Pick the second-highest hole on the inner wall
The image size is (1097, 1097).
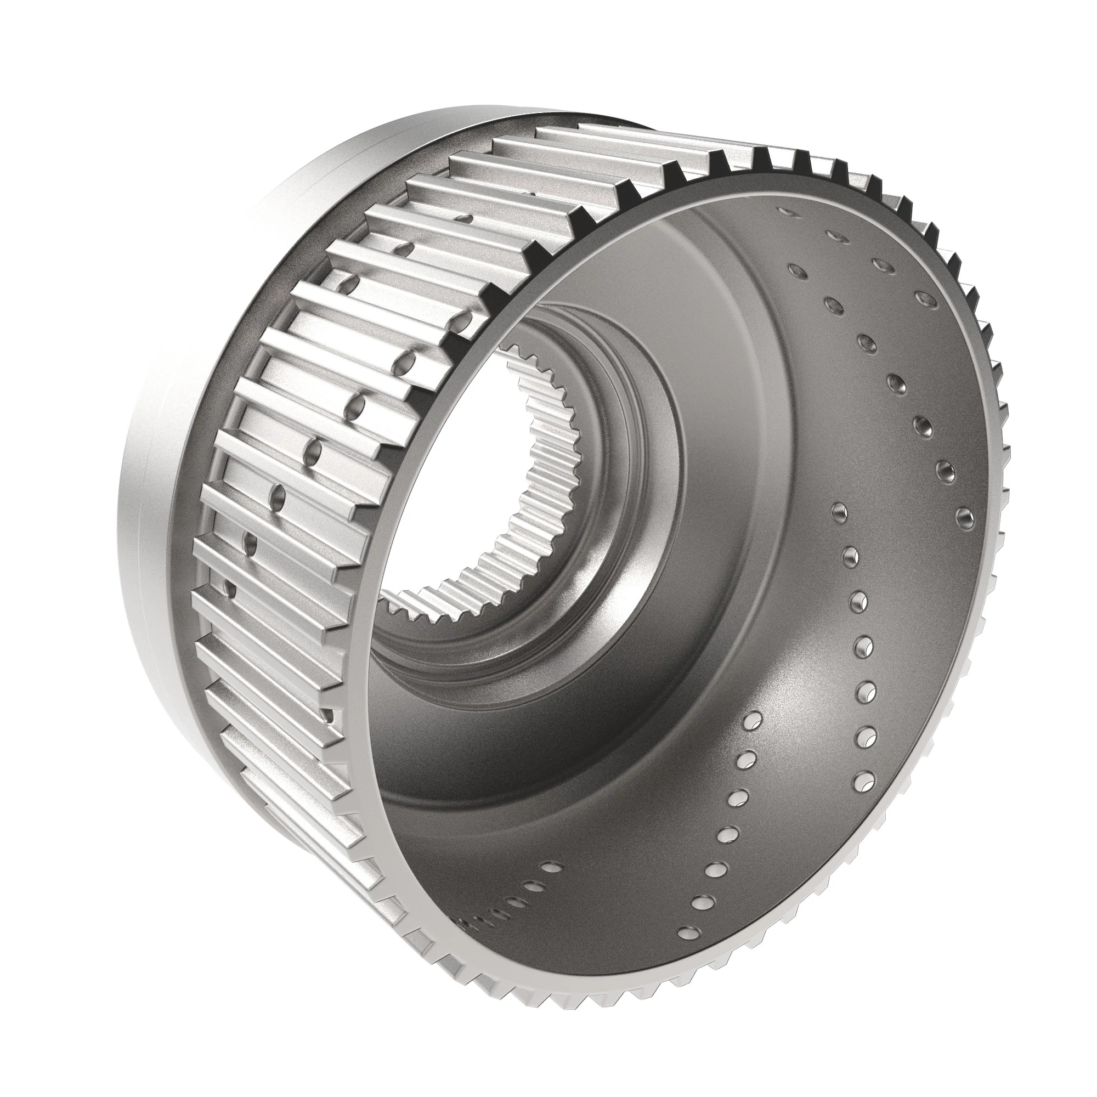(833, 234)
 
